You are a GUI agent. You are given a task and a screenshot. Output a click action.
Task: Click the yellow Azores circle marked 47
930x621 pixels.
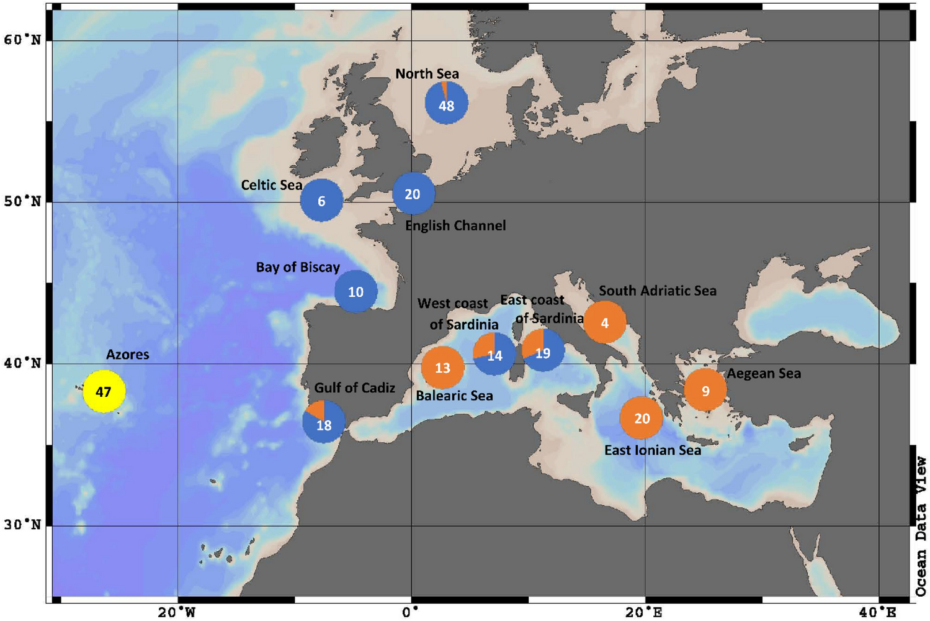coord(104,391)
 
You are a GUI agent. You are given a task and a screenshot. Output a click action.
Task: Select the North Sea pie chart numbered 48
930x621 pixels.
coord(446,103)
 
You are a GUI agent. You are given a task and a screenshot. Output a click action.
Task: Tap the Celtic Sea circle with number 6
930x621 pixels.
coord(321,200)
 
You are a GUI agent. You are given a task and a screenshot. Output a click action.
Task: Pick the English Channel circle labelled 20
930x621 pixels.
coord(413,194)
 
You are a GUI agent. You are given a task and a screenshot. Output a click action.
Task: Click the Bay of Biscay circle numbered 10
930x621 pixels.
coord(355,291)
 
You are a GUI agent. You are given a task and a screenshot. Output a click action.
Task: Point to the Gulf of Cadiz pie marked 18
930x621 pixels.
coord(323,422)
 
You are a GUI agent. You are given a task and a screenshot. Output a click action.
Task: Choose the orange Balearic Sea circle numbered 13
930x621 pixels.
coord(442,368)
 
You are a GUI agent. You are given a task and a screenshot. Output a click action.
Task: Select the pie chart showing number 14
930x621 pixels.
coord(494,354)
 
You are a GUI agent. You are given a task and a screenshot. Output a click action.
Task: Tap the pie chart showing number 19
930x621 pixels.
coord(543,351)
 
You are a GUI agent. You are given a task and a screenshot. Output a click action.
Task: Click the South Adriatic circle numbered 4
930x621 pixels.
coord(604,322)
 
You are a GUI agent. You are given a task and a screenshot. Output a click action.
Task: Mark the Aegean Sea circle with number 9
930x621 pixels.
coord(705,390)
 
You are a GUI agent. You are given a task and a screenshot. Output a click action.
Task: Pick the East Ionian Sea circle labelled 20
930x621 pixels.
coord(642,418)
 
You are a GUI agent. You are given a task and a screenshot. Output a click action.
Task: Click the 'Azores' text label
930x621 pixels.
coord(128,355)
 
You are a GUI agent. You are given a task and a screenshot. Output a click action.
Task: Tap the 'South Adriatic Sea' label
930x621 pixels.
coord(657,291)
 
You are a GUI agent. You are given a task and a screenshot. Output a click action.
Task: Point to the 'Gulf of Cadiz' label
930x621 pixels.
coord(354,388)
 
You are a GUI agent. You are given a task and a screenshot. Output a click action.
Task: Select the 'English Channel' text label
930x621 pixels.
coord(455,225)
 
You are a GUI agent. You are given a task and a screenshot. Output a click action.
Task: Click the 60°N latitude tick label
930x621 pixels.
coord(23,40)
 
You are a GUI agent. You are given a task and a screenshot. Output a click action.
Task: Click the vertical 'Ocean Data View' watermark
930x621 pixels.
coord(921,527)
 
